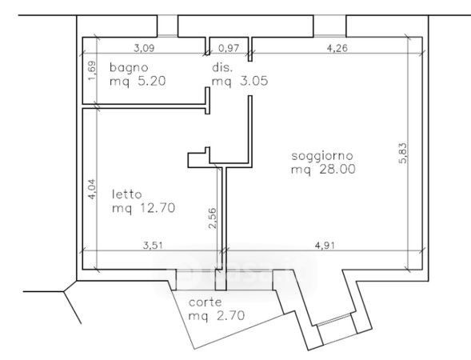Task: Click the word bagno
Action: (x=129, y=68)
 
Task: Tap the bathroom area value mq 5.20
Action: (x=138, y=81)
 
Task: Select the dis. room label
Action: (x=222, y=67)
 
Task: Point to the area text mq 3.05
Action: (x=240, y=81)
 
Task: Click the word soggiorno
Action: (x=322, y=156)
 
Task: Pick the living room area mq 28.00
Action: (x=323, y=169)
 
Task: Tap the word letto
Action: (x=126, y=194)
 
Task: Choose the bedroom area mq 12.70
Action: (x=144, y=208)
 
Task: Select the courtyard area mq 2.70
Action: (x=217, y=315)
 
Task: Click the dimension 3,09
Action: (x=144, y=48)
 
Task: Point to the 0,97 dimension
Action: (x=229, y=48)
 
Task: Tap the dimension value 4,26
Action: (x=337, y=48)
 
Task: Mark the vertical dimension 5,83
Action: (x=403, y=153)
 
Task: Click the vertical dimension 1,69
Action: (x=92, y=71)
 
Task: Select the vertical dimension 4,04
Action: (x=92, y=189)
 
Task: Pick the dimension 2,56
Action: (x=212, y=218)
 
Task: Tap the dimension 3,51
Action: (x=153, y=246)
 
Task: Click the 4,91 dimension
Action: (x=325, y=246)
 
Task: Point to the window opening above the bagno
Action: (x=168, y=26)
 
